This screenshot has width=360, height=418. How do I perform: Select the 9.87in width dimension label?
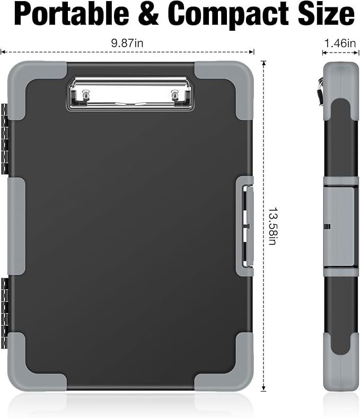coord(127,44)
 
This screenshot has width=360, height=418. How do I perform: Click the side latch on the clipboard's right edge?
coord(247,226)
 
